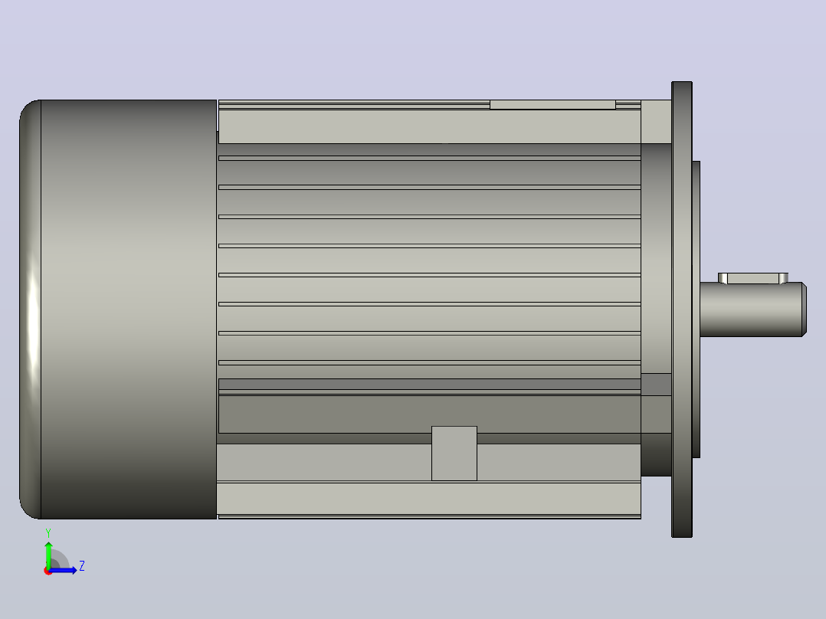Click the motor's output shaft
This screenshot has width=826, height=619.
tap(752, 309)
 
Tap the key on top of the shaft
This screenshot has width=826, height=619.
tap(752, 278)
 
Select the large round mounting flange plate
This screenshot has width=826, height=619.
tap(682, 309)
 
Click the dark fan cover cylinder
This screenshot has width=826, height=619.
tap(129, 309)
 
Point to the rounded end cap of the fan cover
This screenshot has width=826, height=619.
tap(30, 309)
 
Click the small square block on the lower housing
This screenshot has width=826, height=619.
tap(454, 454)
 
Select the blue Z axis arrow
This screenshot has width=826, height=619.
tap(63, 570)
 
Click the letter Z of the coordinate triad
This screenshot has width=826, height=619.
tap(82, 566)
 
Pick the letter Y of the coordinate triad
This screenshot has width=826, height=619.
tap(48, 532)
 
